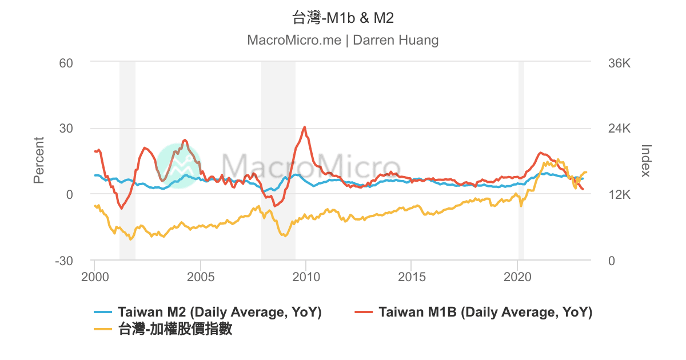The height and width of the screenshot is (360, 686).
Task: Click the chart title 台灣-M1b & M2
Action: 343,18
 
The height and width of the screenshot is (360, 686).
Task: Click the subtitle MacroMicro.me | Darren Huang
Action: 343,40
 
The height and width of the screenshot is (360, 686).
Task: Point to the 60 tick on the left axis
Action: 66,62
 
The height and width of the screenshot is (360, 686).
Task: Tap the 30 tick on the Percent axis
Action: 66,129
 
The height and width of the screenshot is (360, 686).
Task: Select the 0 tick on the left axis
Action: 69,195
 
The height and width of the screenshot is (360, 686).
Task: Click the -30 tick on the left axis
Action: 64,261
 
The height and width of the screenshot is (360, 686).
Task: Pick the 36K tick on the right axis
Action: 619,62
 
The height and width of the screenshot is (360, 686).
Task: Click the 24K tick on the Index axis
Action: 619,129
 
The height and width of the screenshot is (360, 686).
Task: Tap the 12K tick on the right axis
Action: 619,195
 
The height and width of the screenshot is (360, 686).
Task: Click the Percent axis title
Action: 39,161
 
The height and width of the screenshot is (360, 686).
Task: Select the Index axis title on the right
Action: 646,161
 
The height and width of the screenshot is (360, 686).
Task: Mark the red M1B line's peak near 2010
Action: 305,127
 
